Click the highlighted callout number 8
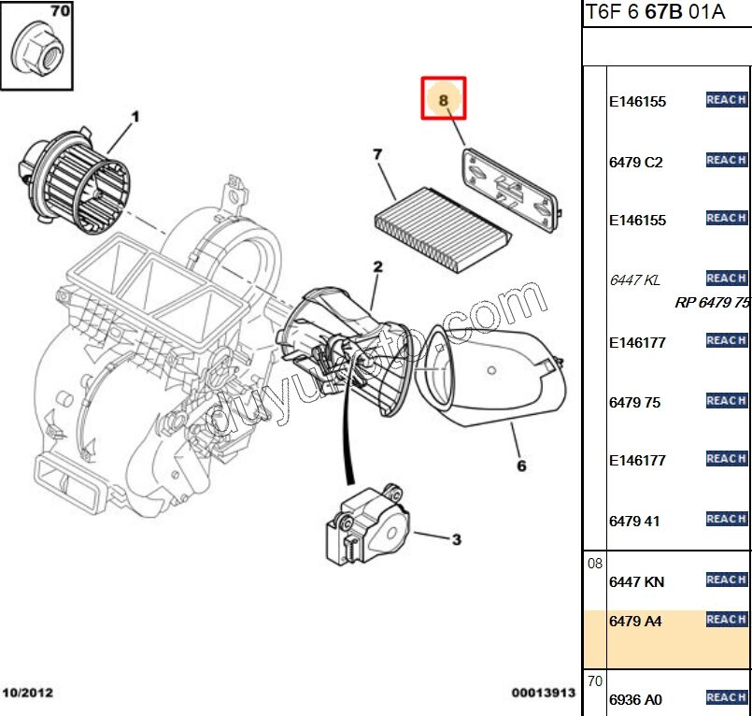click(x=444, y=98)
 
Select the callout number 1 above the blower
click(x=135, y=117)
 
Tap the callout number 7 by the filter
click(x=377, y=154)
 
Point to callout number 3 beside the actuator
click(x=456, y=539)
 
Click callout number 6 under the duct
click(x=521, y=465)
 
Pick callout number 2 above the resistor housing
click(x=377, y=267)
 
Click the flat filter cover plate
click(x=509, y=187)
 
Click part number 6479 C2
click(x=635, y=162)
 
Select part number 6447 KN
click(x=636, y=581)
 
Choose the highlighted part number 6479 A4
click(x=634, y=621)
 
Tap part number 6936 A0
click(x=635, y=699)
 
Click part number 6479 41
click(x=634, y=521)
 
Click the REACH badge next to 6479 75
click(x=726, y=401)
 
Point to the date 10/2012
click(x=28, y=693)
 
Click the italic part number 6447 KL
click(x=634, y=279)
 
